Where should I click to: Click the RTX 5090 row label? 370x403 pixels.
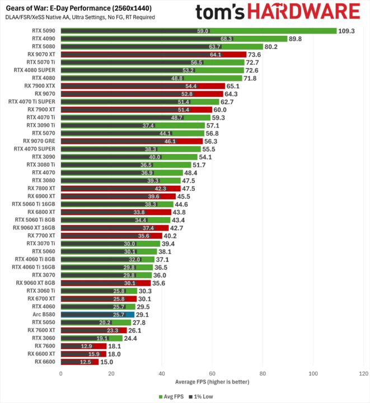pyautogui.click(x=44, y=31)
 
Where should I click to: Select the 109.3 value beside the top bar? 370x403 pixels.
pyautogui.click(x=346, y=31)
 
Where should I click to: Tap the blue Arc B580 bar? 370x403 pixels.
pyautogui.click(x=97, y=315)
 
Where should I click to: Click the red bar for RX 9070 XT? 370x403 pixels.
pyautogui.click(x=153, y=54)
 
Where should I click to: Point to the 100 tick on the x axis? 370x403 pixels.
pyautogui.click(x=313, y=373)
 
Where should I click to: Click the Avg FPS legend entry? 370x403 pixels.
pyautogui.click(x=171, y=397)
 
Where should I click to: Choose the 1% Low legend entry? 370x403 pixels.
pyautogui.click(x=201, y=397)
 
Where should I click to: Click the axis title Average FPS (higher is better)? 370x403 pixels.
pyautogui.click(x=212, y=382)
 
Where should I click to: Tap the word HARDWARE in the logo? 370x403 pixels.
pyautogui.click(x=304, y=12)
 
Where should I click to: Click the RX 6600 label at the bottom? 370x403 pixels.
pyautogui.click(x=45, y=362)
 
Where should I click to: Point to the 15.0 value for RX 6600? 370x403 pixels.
pyautogui.click(x=106, y=362)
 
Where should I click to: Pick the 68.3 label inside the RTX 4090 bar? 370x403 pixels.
pyautogui.click(x=226, y=39)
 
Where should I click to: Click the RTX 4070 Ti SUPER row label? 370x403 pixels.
pyautogui.click(x=31, y=101)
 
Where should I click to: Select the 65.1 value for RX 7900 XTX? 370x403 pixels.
pyautogui.click(x=233, y=86)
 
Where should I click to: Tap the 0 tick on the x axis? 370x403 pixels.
pyautogui.click(x=61, y=373)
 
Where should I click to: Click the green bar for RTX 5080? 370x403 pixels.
pyautogui.click(x=162, y=46)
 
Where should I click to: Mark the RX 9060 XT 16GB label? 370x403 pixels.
pyautogui.click(x=34, y=228)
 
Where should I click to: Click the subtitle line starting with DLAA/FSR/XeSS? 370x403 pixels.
pyautogui.click(x=80, y=17)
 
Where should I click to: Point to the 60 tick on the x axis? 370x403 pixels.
pyautogui.click(x=212, y=373)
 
